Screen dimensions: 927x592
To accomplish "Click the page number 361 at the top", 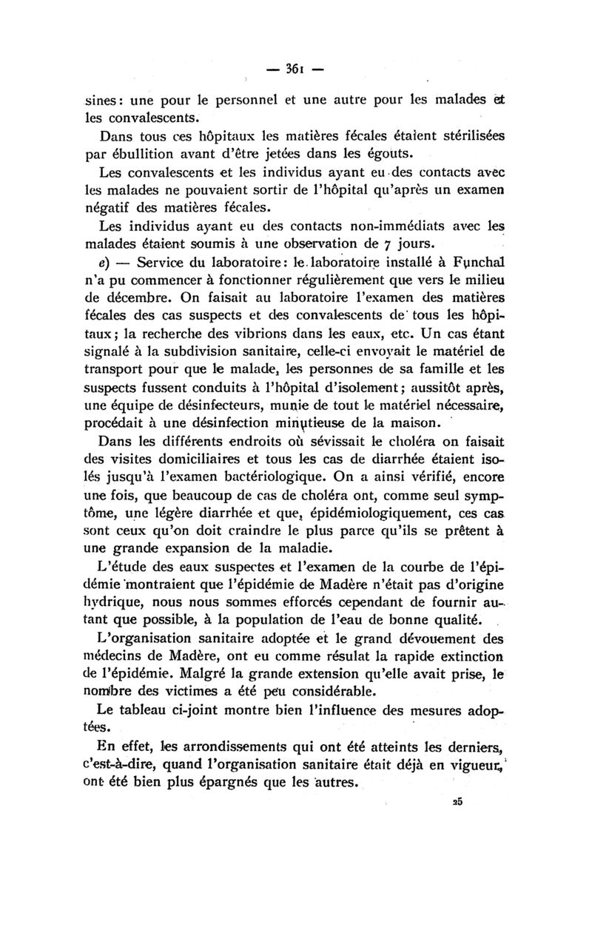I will click(x=295, y=70).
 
